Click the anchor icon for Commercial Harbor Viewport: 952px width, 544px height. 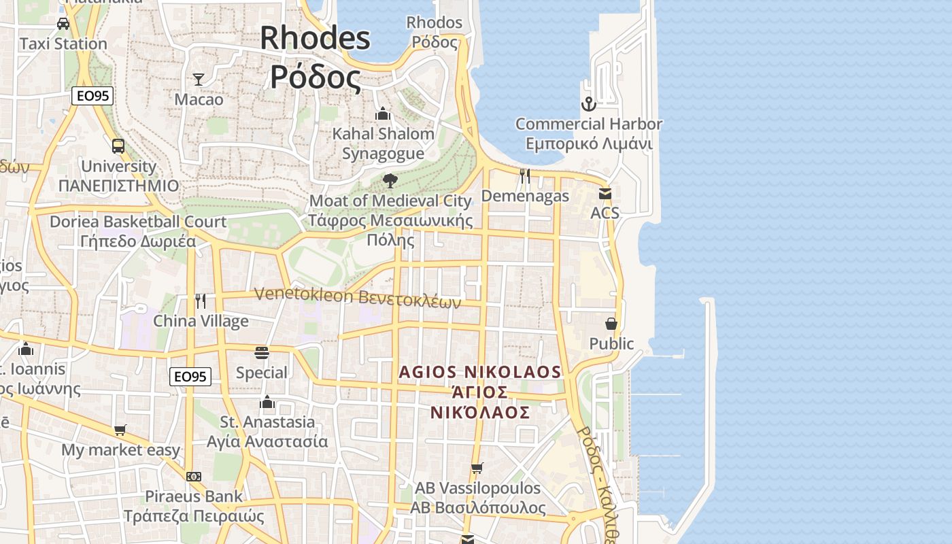pos(588,104)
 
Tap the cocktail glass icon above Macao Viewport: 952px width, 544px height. pos(199,80)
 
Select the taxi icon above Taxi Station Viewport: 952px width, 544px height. pos(63,24)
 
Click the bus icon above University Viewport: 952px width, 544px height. pos(118,146)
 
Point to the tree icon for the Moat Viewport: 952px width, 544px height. pos(390,181)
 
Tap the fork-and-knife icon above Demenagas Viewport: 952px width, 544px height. pos(525,176)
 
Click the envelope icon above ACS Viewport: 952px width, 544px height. pos(605,193)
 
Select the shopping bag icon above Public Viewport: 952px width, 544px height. pos(611,324)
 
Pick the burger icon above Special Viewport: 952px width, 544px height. pos(262,352)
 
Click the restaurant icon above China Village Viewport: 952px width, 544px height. pos(201,301)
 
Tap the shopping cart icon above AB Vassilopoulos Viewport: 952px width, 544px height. pos(477,468)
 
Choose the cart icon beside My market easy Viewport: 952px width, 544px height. pos(120,430)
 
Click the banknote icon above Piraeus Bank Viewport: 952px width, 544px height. pos(194,477)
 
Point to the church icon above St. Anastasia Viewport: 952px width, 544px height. pos(267,402)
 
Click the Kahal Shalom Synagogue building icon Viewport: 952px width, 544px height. pos(383,114)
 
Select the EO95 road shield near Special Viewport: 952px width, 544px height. pos(190,377)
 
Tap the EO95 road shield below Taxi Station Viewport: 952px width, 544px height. pos(92,96)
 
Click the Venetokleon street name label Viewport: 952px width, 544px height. pos(358,297)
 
